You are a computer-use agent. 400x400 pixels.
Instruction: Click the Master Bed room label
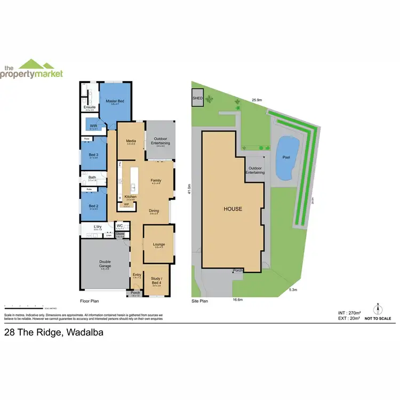[x=115, y=101]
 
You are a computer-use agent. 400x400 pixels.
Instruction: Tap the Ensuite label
[x=90, y=107]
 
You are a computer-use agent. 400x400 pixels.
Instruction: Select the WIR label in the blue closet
[x=93, y=126]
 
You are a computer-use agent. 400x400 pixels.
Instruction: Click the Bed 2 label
[x=93, y=205]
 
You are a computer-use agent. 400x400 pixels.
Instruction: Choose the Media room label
[x=131, y=141]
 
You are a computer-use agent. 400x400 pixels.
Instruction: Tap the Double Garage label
[x=105, y=263]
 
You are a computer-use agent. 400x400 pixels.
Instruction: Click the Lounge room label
[x=159, y=245]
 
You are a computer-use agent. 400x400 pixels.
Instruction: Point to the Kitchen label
[x=131, y=197]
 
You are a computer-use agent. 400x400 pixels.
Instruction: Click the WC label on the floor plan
[x=119, y=226]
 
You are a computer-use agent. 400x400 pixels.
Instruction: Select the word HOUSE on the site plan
[x=233, y=209]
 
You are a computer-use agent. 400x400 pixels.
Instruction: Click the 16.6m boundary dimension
[x=238, y=300]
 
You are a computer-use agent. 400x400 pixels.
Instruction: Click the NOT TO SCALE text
[x=378, y=318]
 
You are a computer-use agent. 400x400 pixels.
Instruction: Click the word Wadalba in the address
[x=84, y=333]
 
